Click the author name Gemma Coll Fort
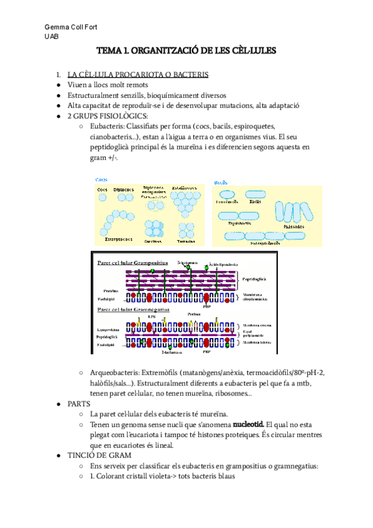click(71, 27)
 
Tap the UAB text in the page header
click(52, 37)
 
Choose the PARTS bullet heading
click(80, 404)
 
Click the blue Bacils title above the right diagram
click(220, 182)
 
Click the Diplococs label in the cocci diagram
click(124, 189)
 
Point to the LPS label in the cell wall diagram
click(151, 316)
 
